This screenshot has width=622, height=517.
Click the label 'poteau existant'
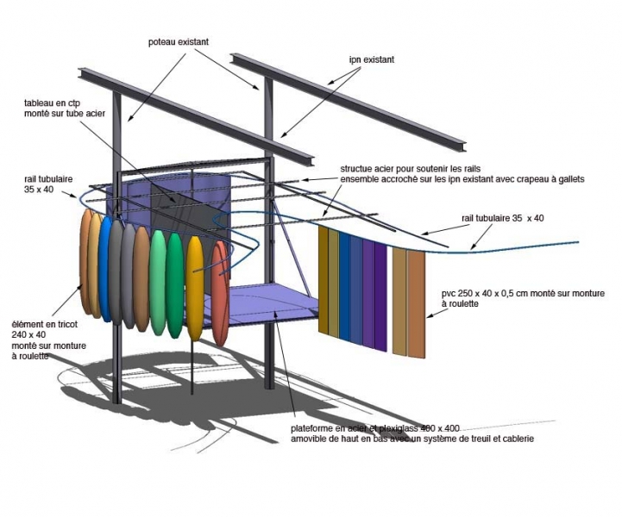tap(179, 40)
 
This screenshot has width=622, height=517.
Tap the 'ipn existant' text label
tap(371, 59)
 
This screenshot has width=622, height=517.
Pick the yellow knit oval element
tap(195, 289)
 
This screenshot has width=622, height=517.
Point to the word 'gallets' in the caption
tap(565, 179)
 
